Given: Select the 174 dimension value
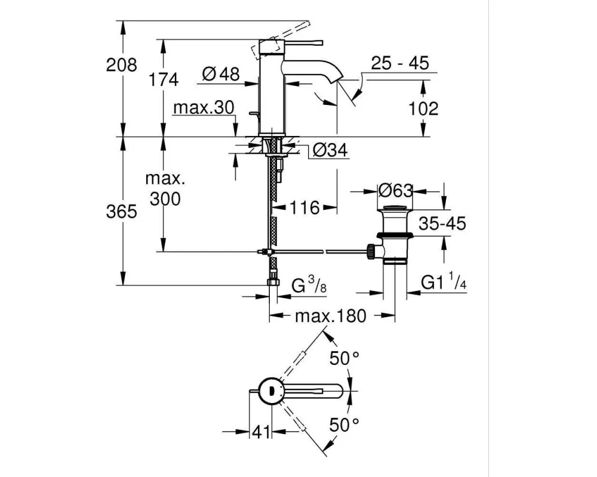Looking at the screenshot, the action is (x=163, y=80).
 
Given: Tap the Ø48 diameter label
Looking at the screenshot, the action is (x=221, y=73).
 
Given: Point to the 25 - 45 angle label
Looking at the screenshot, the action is (x=400, y=63).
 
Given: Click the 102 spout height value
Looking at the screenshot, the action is (x=423, y=109).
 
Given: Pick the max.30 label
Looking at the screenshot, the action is (x=204, y=108).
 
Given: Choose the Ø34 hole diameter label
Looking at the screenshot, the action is (x=330, y=150).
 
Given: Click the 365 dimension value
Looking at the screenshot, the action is (x=121, y=212).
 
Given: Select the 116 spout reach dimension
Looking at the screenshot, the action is (x=304, y=207).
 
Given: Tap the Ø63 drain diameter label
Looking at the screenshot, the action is (x=396, y=191).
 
